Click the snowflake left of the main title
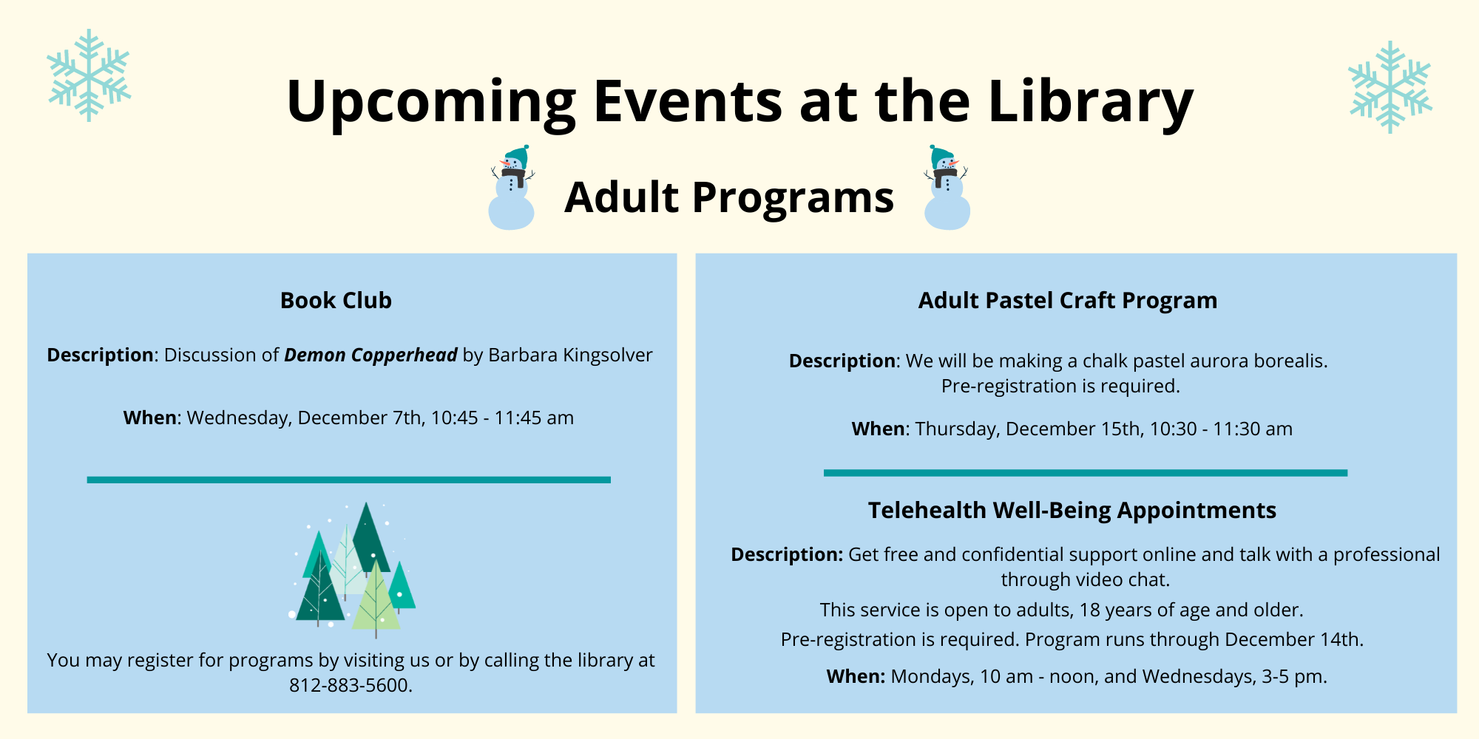pos(89,75)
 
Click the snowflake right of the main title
pos(1390,87)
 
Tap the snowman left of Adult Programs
pos(512,188)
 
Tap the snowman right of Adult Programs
pos(947,188)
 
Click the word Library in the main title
pos(1091,102)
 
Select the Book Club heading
pos(336,301)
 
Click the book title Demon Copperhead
pos(370,355)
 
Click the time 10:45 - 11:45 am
pos(502,418)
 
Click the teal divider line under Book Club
pos(349,480)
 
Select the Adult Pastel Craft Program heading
pos(1068,301)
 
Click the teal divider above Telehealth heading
pos(1086,473)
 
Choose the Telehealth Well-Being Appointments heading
pos(1072,511)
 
